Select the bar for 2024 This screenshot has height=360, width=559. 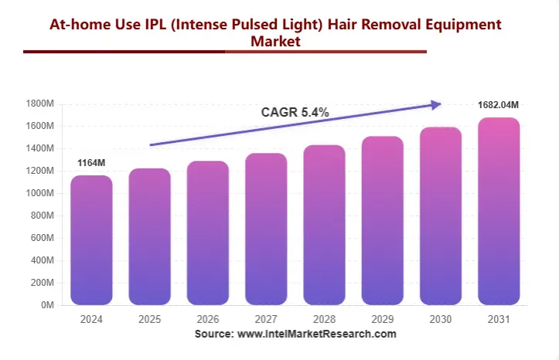[92, 240]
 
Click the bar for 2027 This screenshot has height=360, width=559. [266, 229]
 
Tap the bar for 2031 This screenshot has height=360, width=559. [499, 211]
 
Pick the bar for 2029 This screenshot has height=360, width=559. [383, 220]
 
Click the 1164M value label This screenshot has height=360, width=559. [91, 163]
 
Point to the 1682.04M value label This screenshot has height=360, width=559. [498, 105]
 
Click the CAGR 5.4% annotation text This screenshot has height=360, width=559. [295, 113]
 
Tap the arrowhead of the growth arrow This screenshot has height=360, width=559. [436, 105]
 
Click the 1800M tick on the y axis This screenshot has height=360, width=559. [40, 104]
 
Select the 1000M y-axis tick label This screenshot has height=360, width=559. [40, 193]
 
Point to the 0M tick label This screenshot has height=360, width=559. [47, 305]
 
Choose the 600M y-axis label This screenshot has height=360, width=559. [42, 238]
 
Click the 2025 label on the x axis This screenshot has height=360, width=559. [150, 319]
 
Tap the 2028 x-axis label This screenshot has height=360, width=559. [324, 319]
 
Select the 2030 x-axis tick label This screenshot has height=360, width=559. [441, 319]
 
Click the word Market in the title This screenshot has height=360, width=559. [275, 41]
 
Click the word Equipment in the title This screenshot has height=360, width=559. [463, 25]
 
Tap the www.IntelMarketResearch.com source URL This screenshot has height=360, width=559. [316, 334]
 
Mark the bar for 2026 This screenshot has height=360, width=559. [208, 233]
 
